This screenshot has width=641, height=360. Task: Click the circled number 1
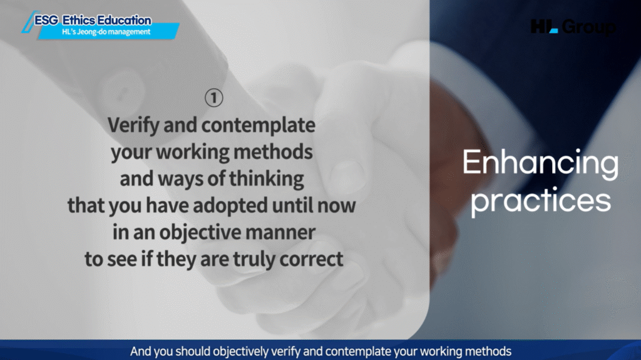[214, 98]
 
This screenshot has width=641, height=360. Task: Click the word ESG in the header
[46, 20]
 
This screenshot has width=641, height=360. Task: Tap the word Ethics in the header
[78, 20]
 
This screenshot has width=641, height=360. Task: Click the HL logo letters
[544, 26]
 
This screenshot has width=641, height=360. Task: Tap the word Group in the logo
[588, 27]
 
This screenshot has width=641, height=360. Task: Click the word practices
[541, 201]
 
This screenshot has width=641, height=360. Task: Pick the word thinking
[267, 179]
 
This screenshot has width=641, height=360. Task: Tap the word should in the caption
[194, 351]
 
